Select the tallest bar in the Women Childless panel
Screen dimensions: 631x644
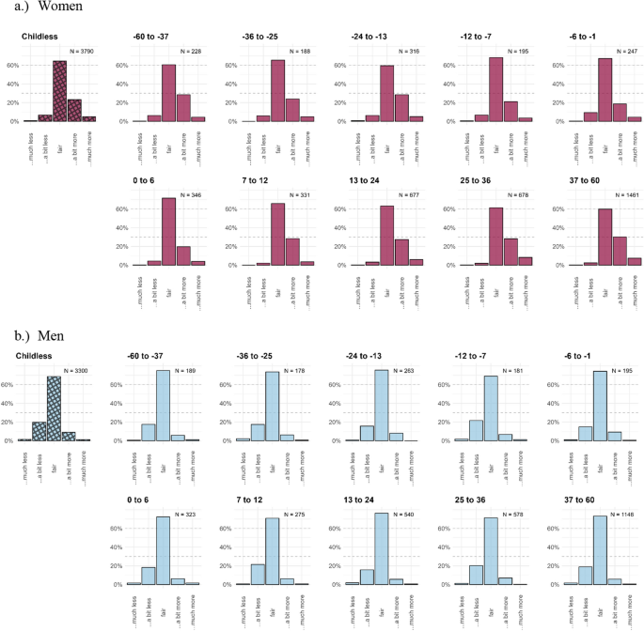point(59,91)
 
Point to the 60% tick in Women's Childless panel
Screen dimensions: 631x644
point(13,66)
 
